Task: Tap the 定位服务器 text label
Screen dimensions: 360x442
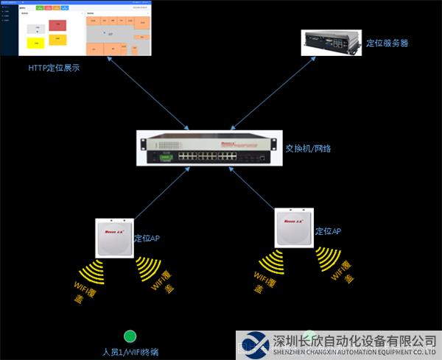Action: (x=387, y=43)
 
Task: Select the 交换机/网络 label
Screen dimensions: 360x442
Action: (x=308, y=149)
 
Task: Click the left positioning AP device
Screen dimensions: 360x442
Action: (x=113, y=237)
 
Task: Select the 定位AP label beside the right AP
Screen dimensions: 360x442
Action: (x=328, y=231)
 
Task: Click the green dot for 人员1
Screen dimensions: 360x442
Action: (x=130, y=336)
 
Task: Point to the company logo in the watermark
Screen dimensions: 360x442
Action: (x=253, y=345)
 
